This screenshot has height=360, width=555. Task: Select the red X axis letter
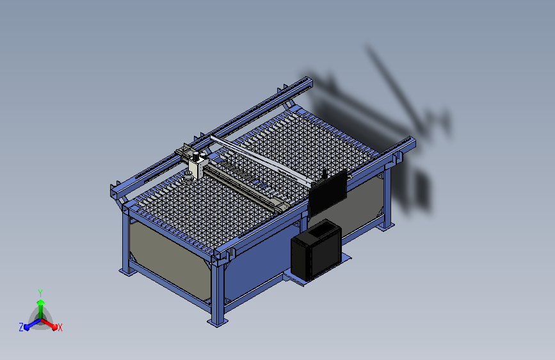pyautogui.click(x=60, y=327)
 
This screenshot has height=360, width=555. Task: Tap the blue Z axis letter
pyautogui.click(x=21, y=327)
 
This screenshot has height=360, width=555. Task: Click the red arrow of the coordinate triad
pyautogui.click(x=51, y=323)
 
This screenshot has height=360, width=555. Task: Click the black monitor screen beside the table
pyautogui.click(x=327, y=192)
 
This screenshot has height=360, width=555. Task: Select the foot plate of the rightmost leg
pyautogui.click(x=386, y=225)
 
